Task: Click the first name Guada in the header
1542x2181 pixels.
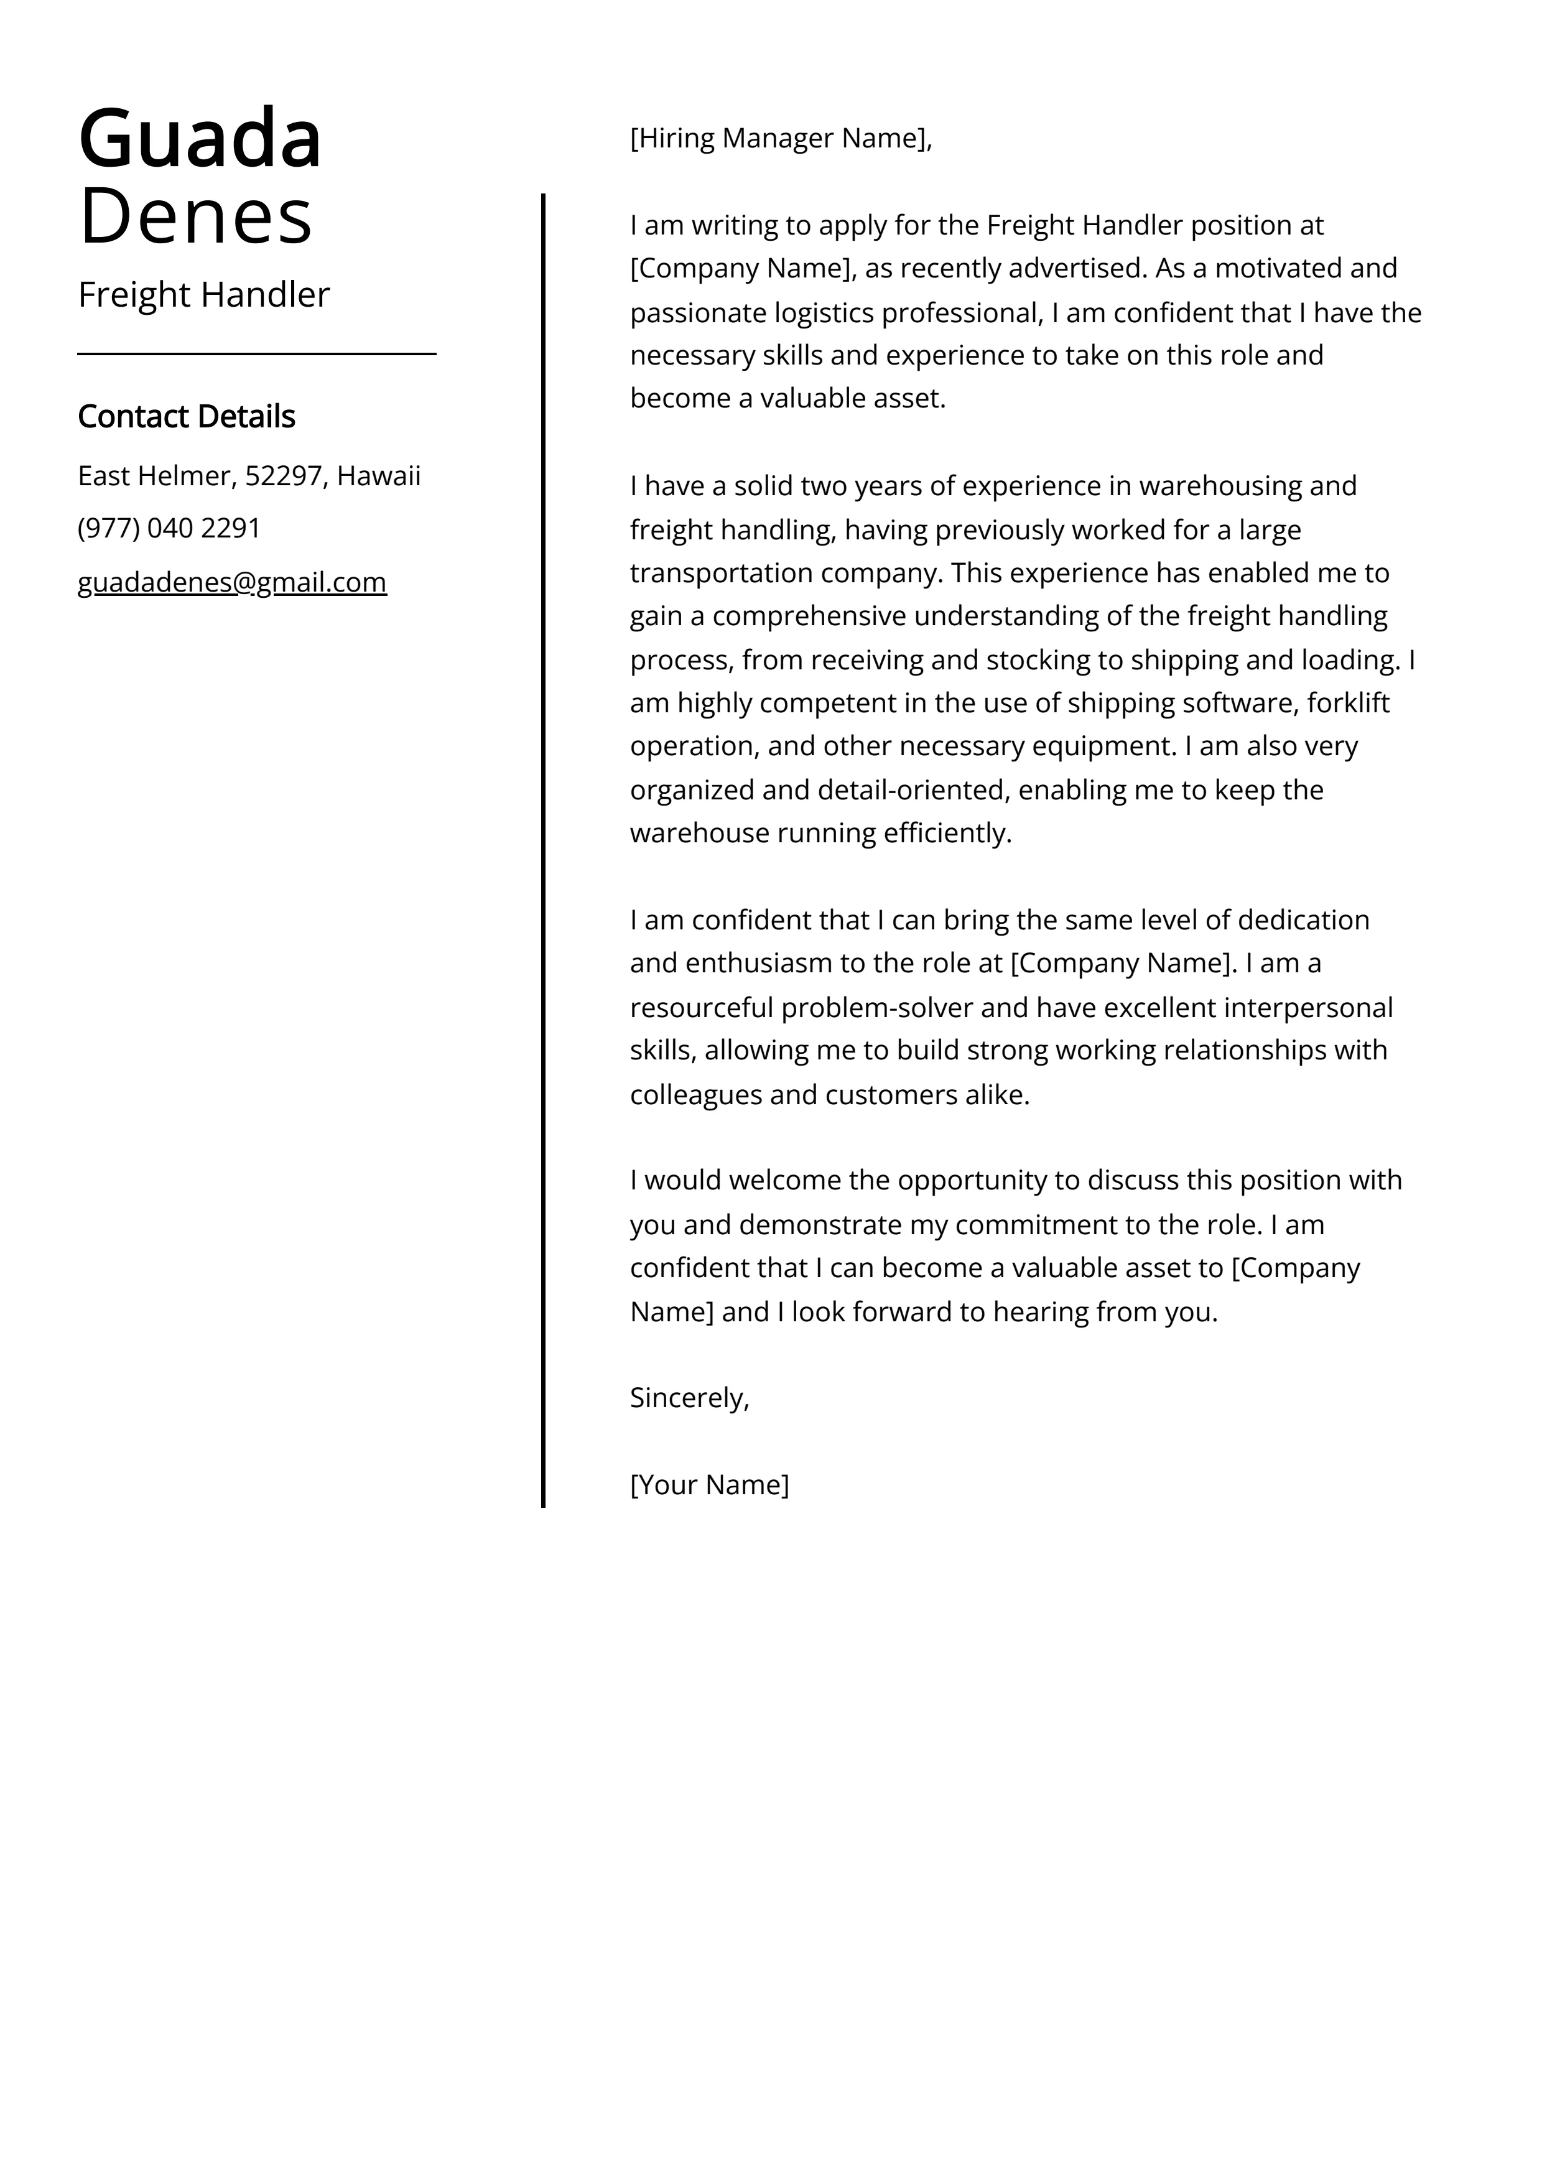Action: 200,139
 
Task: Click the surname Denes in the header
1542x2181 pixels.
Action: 196,216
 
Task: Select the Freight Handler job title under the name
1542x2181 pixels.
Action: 203,294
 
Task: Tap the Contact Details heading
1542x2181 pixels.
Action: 186,416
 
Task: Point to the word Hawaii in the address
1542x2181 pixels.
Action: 378,475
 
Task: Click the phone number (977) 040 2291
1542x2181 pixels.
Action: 169,528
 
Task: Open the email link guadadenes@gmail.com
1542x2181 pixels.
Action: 232,582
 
